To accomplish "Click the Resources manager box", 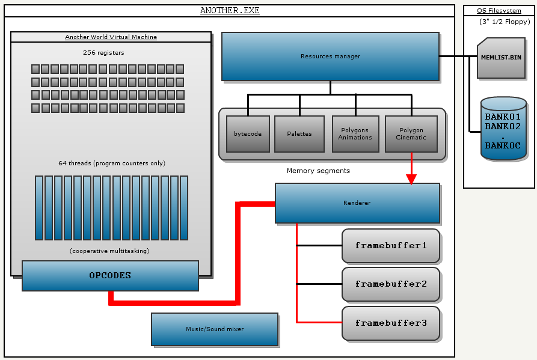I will point(330,56).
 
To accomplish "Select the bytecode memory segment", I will point(248,133).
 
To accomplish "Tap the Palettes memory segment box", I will point(299,133).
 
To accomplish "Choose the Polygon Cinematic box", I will point(411,133).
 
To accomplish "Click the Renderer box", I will point(357,203).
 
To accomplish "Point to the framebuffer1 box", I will point(391,246).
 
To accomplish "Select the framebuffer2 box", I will point(391,284).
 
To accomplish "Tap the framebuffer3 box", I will point(391,323).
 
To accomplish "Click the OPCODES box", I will point(110,276).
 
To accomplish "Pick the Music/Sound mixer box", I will point(215,329).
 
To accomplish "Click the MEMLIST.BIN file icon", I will point(502,58).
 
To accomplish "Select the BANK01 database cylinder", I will point(503,127).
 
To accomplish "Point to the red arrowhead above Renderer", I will point(411,179).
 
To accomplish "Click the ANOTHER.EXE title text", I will point(230,11).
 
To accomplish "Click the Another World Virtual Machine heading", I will point(111,37).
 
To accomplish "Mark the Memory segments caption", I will point(318,171).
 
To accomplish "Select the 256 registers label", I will point(104,53).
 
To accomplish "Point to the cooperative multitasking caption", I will point(109,251).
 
